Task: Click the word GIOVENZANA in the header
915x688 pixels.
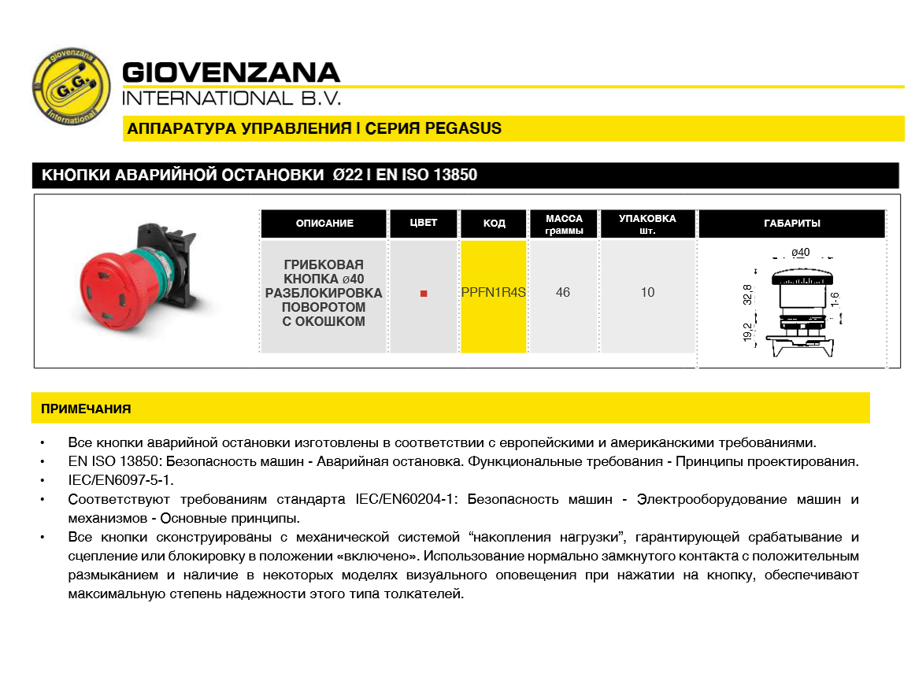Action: coord(231,73)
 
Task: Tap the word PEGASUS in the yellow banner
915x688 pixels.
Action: coord(463,128)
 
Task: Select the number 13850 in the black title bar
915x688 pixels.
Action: coord(453,175)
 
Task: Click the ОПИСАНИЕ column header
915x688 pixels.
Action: coord(324,224)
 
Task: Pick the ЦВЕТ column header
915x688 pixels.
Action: coord(424,223)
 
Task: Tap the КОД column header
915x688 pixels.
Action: coord(494,224)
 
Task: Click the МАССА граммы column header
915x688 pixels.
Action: coord(564,224)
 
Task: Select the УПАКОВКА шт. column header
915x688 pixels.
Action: coord(647,224)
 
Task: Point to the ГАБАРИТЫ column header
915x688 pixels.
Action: coord(792,224)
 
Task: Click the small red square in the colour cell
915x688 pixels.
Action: coord(424,294)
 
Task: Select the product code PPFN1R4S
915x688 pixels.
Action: coord(494,293)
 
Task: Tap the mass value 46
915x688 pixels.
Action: coord(563,293)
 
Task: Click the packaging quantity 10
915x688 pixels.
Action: coord(647,293)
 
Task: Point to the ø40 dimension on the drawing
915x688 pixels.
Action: coord(800,253)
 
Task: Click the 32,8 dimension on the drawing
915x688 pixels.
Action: coord(747,294)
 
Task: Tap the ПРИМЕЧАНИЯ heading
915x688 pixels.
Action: coord(86,409)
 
